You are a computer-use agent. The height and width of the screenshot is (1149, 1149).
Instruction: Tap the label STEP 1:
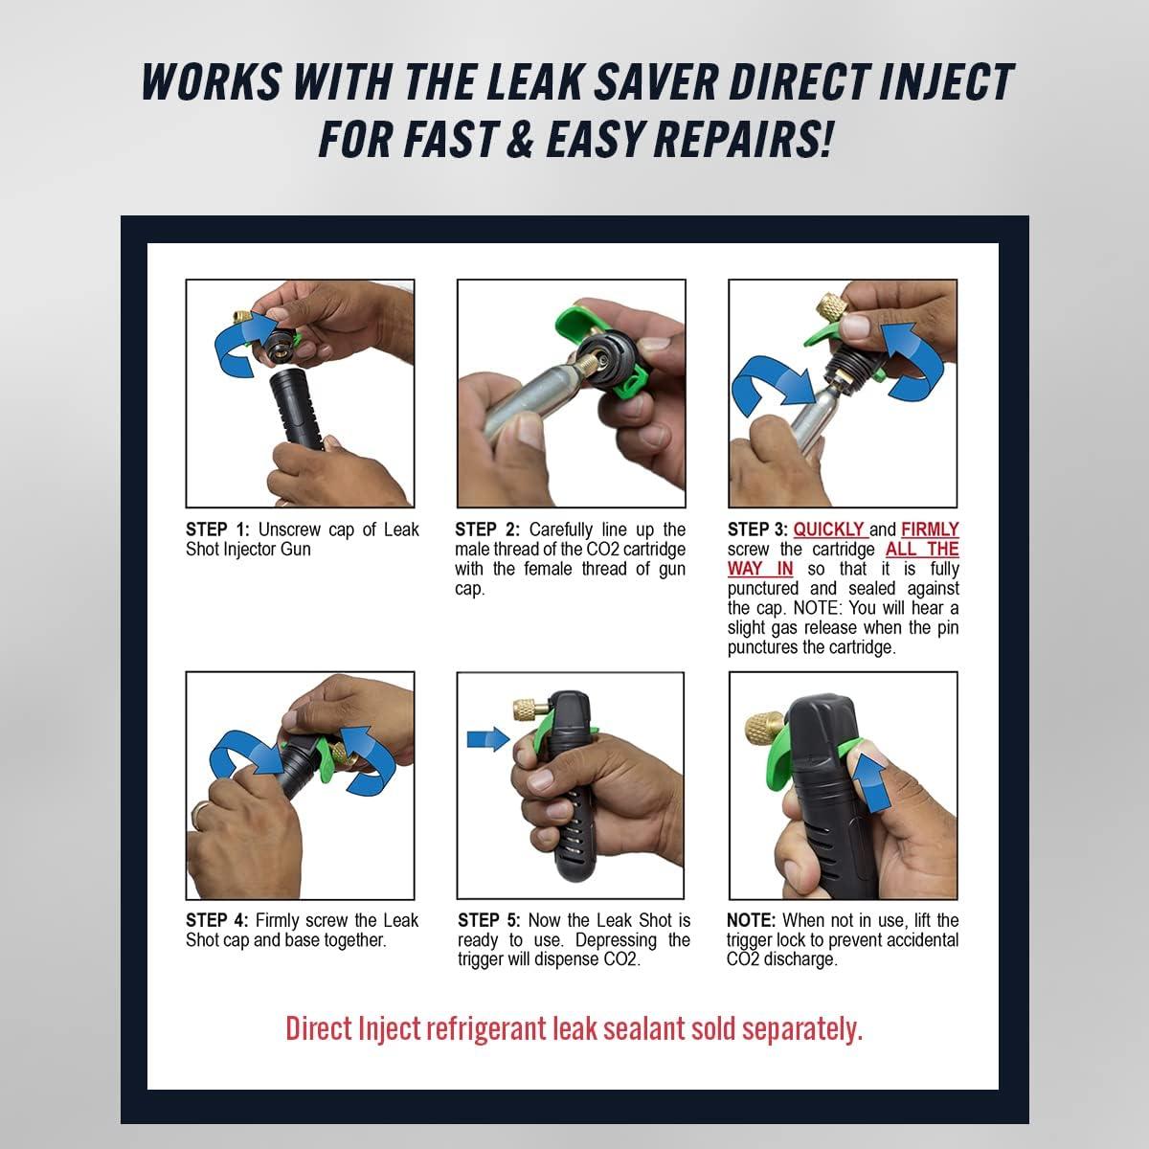(217, 529)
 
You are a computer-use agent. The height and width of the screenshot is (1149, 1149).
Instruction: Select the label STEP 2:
(487, 529)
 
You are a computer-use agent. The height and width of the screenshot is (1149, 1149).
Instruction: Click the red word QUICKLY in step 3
(829, 529)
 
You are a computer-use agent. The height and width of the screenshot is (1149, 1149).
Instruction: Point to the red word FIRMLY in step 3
(930, 529)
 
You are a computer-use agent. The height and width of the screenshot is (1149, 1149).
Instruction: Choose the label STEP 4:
(217, 920)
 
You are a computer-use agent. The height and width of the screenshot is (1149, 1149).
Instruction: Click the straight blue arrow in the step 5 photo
(487, 739)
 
